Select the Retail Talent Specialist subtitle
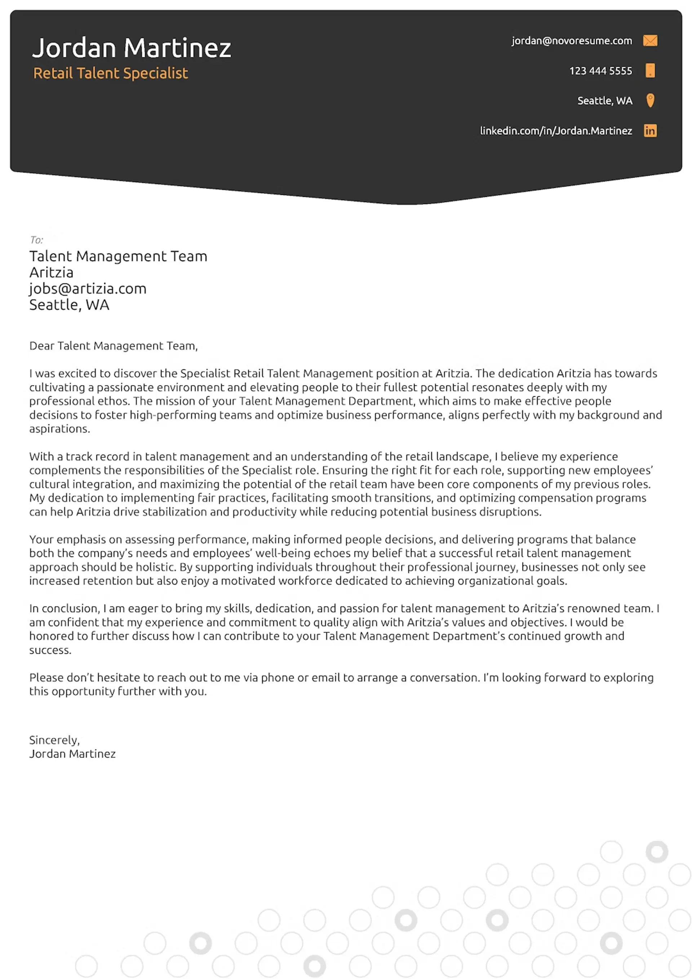coord(110,73)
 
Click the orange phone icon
coord(650,70)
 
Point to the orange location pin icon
coord(650,101)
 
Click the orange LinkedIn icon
coord(650,130)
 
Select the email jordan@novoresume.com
coord(571,41)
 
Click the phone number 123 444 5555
coord(600,71)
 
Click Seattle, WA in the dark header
coord(604,101)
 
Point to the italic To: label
coord(36,240)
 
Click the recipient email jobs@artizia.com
coord(88,289)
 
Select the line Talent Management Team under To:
coord(118,256)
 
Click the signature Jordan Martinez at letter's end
coord(72,754)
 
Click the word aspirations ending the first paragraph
coord(59,429)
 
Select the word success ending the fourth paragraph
coord(49,650)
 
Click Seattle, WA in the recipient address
coord(69,305)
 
